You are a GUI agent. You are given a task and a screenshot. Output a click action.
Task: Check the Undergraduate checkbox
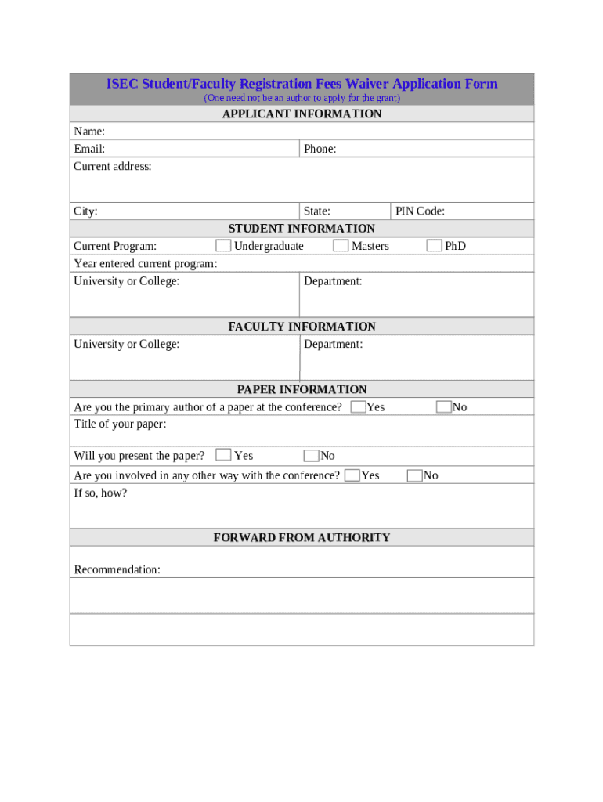pos(223,246)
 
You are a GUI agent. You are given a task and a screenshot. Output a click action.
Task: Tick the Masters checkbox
pos(341,246)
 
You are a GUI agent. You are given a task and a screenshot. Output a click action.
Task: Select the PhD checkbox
pos(434,246)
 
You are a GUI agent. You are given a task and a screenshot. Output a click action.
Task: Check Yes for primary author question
pos(358,406)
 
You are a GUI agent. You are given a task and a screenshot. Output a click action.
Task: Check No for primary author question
pos(444,406)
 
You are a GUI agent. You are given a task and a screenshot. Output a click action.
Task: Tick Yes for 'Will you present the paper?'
pos(223,455)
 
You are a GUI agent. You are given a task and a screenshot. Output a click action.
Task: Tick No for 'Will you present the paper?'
pos(311,456)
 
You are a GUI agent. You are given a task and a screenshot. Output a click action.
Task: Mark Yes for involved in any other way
pos(352,475)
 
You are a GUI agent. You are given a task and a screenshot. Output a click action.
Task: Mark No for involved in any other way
pos(415,475)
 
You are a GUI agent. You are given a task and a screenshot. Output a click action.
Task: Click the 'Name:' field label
pos(89,131)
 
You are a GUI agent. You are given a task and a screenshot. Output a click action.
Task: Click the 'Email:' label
pos(89,149)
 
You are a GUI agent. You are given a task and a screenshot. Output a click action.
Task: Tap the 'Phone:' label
pos(320,149)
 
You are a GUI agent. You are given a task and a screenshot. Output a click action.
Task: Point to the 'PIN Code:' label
pos(420,211)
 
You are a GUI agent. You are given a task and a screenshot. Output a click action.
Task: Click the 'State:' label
pos(316,211)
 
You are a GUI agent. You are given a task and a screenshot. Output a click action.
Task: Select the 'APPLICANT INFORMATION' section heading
pos(301,114)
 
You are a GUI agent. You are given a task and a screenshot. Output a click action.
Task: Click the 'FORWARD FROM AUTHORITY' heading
pos(301,537)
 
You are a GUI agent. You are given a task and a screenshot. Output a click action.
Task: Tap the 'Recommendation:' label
pos(117,569)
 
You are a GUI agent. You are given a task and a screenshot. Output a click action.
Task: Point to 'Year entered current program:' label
pos(145,264)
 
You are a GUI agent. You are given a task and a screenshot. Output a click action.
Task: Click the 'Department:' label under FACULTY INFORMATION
pos(333,344)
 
